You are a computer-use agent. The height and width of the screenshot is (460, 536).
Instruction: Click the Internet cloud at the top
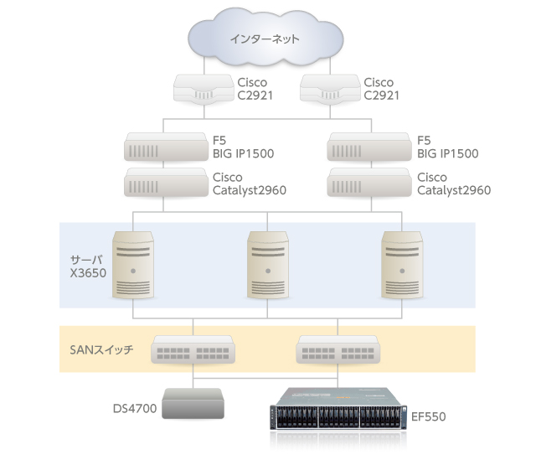266,39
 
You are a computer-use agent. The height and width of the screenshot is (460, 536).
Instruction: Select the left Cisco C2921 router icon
201,89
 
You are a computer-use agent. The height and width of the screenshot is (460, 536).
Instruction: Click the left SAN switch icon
193,350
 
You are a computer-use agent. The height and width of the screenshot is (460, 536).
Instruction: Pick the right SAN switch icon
338,350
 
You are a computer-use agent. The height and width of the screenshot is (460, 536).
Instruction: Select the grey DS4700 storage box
193,405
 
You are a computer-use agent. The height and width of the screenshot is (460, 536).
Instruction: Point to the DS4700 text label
132,410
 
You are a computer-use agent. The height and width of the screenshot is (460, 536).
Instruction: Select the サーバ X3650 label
88,265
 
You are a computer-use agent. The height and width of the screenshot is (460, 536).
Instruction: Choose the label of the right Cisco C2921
381,89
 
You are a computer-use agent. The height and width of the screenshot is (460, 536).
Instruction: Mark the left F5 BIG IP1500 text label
243,147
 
